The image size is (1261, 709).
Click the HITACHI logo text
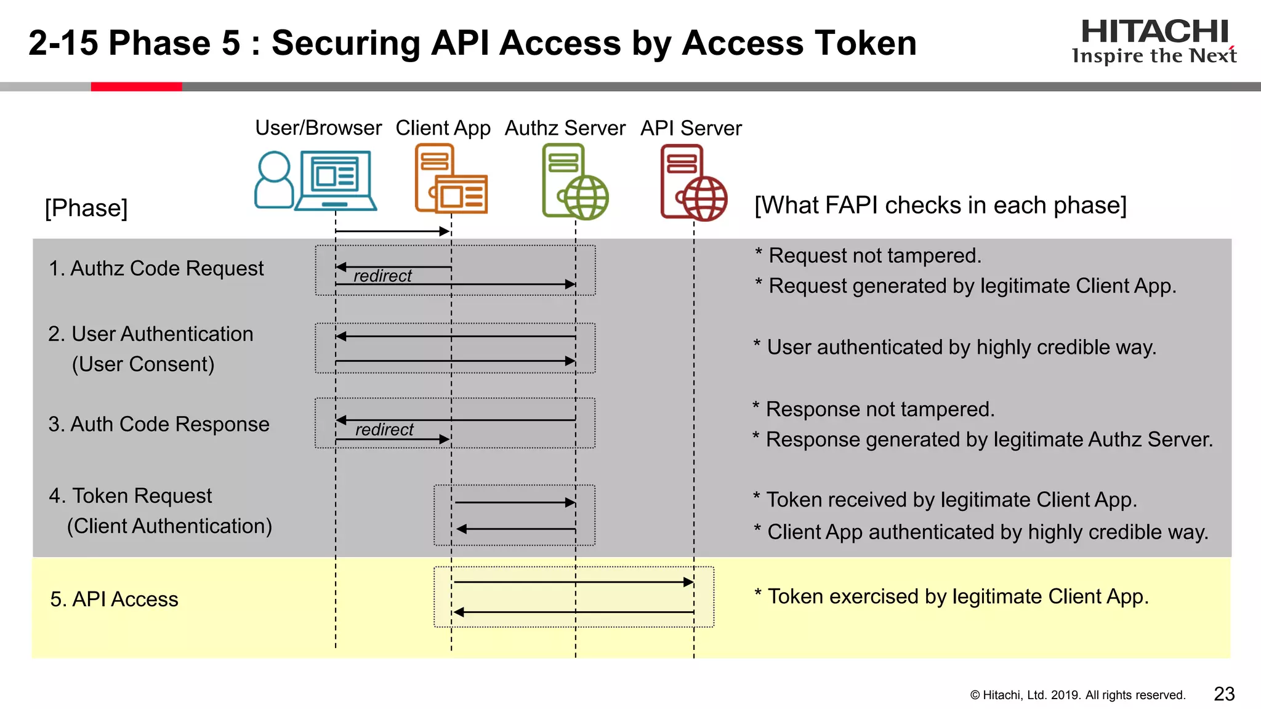(1154, 31)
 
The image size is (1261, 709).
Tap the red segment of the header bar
(136, 87)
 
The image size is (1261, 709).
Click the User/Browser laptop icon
(336, 180)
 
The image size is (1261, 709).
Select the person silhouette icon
(273, 180)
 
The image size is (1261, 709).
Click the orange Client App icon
(451, 179)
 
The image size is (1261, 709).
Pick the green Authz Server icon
(574, 182)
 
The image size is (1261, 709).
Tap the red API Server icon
(693, 183)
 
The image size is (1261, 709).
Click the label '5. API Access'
(114, 599)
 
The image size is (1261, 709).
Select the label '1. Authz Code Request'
(156, 268)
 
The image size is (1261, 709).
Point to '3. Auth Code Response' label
(159, 424)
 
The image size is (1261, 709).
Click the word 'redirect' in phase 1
(382, 276)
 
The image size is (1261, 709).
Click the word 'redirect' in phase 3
(384, 430)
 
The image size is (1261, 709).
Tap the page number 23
(1224, 694)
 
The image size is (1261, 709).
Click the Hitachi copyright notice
(1077, 695)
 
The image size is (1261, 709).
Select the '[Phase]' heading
(86, 208)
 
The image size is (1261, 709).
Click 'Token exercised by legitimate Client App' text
(957, 596)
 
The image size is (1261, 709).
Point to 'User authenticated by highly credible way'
(961, 347)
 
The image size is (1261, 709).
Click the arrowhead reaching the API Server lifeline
(688, 582)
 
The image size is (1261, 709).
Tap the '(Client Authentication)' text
(169, 526)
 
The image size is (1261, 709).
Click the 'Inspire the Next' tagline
(1154, 56)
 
